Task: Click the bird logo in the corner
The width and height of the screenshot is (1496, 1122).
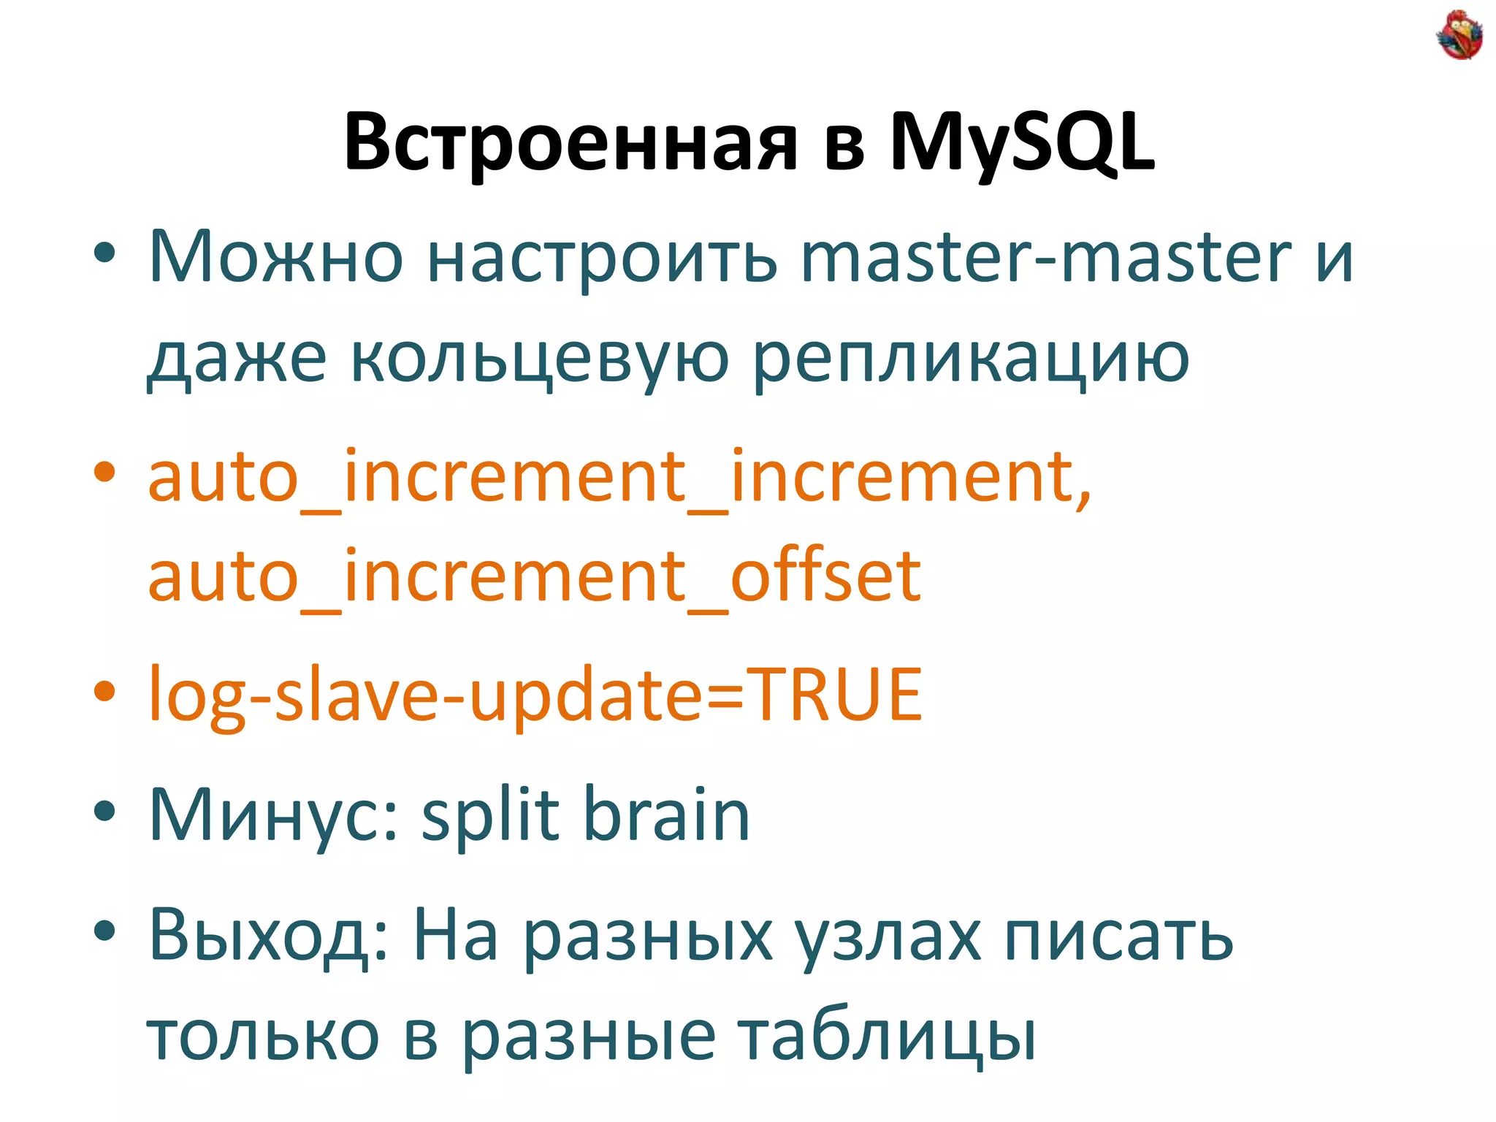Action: tap(1459, 34)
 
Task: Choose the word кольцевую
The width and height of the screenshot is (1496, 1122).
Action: tap(539, 358)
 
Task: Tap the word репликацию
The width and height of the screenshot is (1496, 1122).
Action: tap(971, 358)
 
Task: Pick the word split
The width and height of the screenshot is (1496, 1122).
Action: tap(490, 814)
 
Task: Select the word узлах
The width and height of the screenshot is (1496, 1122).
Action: tap(888, 935)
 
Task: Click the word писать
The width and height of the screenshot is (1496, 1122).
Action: tap(1118, 935)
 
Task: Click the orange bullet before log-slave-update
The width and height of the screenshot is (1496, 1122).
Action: tap(104, 691)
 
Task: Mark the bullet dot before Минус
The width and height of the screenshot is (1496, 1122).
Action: tap(104, 811)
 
